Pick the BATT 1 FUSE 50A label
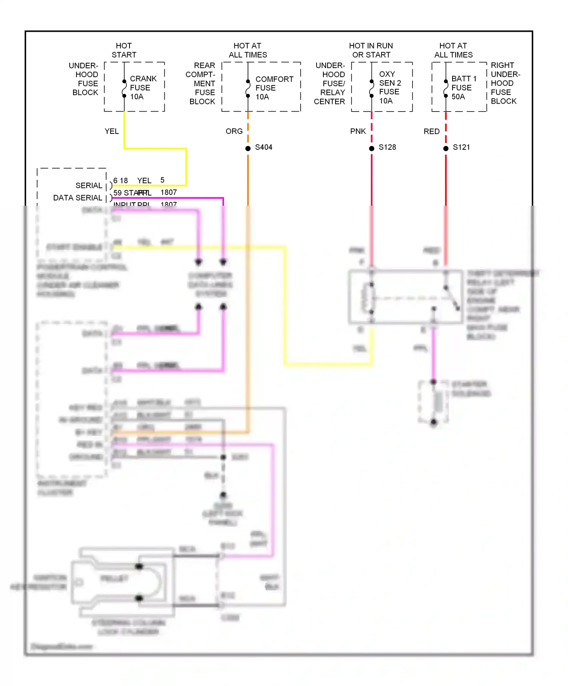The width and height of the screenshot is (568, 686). point(463,88)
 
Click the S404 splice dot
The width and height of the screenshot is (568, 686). point(248,148)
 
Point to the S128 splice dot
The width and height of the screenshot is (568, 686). point(371,148)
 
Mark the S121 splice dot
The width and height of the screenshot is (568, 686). point(446,148)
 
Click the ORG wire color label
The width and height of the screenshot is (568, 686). point(234,131)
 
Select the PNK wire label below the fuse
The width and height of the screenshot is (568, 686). point(358,131)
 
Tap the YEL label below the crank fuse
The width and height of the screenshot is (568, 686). point(112,131)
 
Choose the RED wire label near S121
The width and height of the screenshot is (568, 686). point(431,131)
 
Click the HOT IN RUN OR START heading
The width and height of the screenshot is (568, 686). point(371,50)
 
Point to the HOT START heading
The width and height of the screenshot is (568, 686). point(124,50)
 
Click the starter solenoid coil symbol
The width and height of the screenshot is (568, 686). point(438,402)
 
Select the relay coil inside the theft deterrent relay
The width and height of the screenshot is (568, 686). point(367,298)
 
